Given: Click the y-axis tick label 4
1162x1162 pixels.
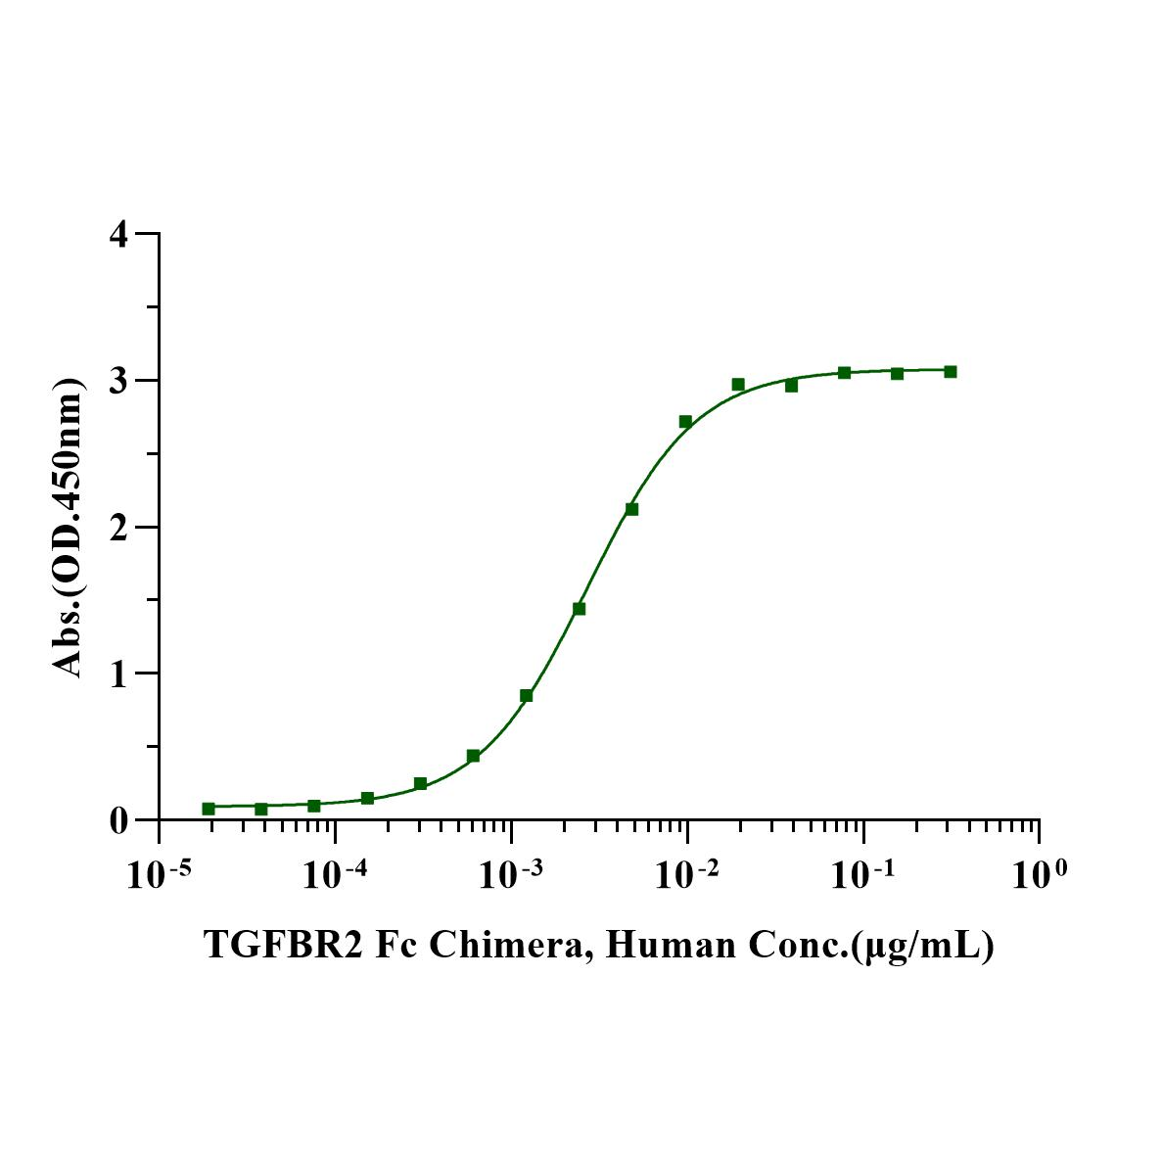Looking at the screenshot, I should (x=120, y=235).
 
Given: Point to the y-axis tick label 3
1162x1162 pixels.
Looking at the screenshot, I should (x=120, y=381).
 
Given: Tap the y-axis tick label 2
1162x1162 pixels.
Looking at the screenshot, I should (x=120, y=528).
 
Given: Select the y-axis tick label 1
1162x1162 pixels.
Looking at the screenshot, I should (x=120, y=674).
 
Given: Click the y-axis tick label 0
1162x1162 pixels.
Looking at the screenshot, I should (x=120, y=820).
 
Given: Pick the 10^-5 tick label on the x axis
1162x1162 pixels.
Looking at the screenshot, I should (x=159, y=873).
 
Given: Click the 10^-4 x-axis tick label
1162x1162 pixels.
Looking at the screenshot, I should (x=335, y=873).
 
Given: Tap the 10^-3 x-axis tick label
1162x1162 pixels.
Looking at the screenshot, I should (x=511, y=873).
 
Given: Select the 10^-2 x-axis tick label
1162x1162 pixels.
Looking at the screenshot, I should (x=687, y=873).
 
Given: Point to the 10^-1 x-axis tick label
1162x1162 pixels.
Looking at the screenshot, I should (x=863, y=873).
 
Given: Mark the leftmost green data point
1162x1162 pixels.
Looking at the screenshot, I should (x=209, y=809).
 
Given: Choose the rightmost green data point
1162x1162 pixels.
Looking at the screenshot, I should (x=950, y=372).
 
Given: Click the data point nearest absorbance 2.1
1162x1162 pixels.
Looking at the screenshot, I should (x=632, y=509).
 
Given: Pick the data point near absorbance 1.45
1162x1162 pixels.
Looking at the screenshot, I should (x=580, y=609).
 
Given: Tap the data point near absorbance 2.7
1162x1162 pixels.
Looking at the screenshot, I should (x=685, y=422).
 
